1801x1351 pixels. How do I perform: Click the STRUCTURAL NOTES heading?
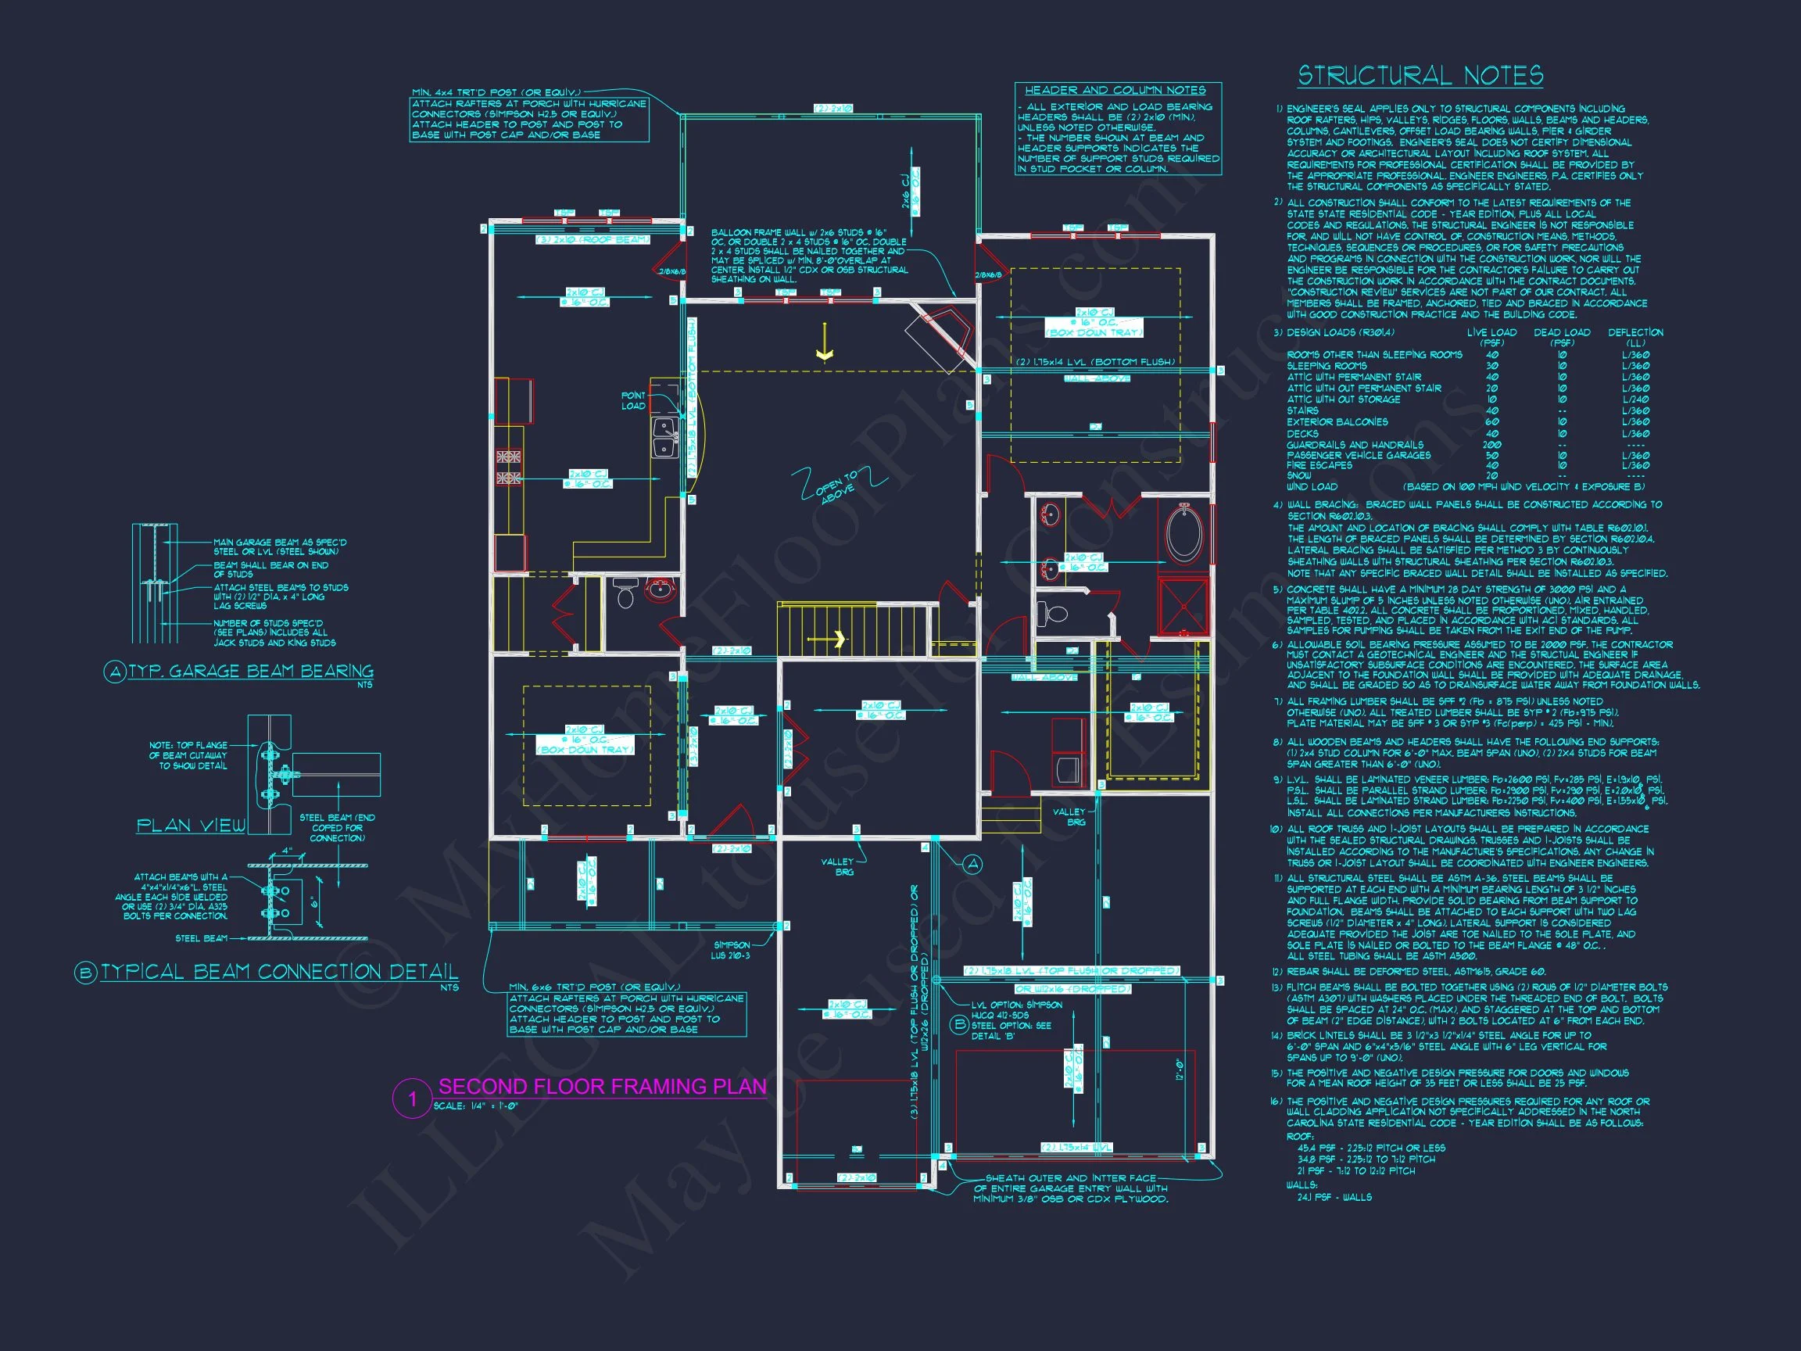[1420, 77]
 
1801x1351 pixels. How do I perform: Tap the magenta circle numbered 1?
[412, 1098]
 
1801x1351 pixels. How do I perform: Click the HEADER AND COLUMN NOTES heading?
[1115, 91]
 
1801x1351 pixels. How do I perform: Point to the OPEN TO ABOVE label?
[837, 486]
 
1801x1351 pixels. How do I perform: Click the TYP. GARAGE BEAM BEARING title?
[251, 671]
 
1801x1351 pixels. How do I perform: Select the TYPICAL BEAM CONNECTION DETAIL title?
[278, 972]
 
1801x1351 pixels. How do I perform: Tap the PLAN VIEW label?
[191, 826]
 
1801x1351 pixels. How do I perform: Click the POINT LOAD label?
[633, 400]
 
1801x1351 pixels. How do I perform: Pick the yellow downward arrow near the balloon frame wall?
[825, 342]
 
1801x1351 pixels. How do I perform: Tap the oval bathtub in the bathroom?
[1183, 533]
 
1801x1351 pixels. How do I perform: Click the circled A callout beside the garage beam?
[973, 865]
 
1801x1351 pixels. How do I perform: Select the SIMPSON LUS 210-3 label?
[731, 951]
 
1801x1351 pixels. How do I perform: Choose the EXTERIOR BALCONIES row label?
[1337, 422]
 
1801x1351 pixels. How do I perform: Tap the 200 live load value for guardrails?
[1491, 445]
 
